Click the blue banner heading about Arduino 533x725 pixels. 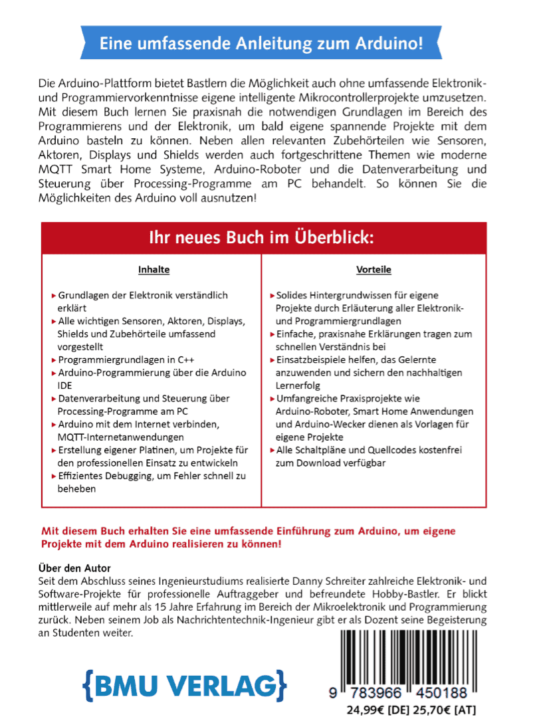(x=261, y=45)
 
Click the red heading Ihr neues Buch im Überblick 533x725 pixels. (x=262, y=237)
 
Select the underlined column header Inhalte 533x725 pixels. (x=154, y=270)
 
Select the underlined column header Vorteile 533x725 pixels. (x=373, y=270)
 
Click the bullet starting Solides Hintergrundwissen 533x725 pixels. (x=362, y=295)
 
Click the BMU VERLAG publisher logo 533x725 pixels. (x=185, y=684)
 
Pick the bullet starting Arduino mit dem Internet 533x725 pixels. (x=143, y=424)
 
